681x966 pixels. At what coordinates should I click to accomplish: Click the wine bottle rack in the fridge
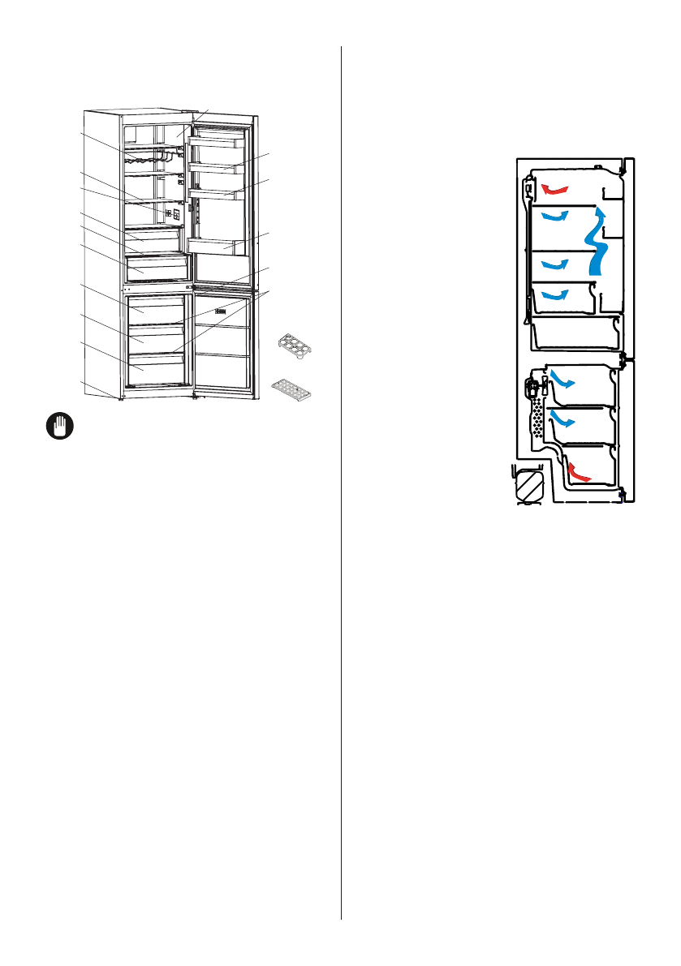(150, 158)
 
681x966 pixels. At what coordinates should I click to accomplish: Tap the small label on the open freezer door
(219, 310)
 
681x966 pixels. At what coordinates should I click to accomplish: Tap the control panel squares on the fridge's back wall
(171, 215)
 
